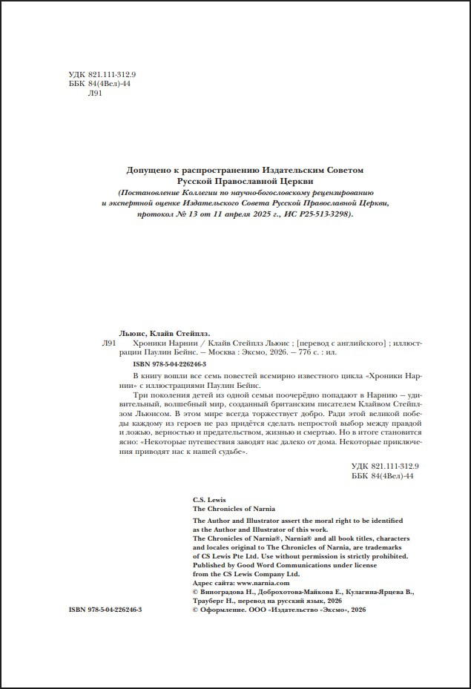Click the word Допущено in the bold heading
(148, 170)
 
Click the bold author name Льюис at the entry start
(134, 333)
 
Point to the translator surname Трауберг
(212, 601)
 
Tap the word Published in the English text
(211, 565)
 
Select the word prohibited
(388, 556)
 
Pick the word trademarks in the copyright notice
(377, 547)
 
